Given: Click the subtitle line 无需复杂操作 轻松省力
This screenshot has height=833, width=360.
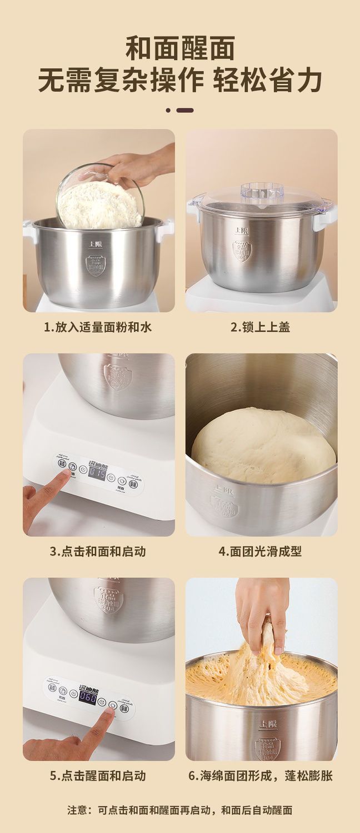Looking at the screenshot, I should [180, 81].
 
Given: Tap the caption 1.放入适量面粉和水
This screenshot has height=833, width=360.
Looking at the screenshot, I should [98, 327].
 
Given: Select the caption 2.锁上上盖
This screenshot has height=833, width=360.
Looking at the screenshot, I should [261, 327].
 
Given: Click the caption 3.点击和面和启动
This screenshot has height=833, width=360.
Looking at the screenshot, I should [98, 551].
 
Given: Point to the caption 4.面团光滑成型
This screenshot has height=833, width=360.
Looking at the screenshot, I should [261, 551].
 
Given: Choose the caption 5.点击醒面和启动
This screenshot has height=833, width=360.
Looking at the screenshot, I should [98, 775].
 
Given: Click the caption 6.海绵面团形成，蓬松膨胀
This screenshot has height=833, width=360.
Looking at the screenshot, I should [261, 775].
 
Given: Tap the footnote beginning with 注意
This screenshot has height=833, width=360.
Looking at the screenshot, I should [180, 810].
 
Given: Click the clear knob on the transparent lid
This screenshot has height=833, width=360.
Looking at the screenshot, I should [262, 192].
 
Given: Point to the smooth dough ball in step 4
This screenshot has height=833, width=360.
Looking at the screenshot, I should [263, 445].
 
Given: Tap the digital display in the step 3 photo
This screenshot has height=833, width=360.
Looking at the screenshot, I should [98, 473].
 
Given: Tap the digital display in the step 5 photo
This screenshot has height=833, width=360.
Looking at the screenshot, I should [88, 696].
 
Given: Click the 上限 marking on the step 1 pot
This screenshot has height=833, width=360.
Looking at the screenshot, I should [95, 243].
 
